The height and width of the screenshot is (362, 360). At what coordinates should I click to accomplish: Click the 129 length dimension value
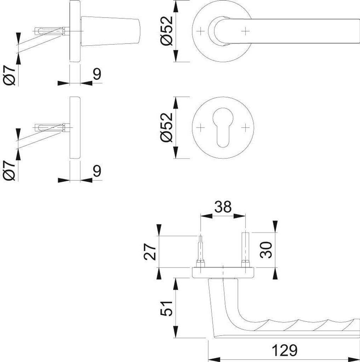(284, 350)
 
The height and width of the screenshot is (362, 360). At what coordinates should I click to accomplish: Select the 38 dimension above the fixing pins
(223, 207)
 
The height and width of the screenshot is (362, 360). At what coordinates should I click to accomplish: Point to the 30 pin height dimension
(266, 250)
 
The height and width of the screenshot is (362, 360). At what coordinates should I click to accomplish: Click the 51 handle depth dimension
(166, 308)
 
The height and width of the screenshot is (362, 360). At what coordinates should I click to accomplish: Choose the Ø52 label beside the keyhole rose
(166, 127)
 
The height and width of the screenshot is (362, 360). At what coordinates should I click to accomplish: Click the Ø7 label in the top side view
(9, 75)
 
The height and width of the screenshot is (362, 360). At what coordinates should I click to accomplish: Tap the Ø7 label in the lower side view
(9, 171)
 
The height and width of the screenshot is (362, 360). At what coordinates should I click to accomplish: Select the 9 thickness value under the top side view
(97, 74)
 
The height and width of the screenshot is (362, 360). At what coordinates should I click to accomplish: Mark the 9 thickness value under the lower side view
(97, 171)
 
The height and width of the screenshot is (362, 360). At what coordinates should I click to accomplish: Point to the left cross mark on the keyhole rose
(201, 127)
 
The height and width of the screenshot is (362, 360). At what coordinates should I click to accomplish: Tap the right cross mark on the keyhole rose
(245, 127)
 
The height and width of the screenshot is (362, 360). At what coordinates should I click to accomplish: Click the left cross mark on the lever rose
(201, 31)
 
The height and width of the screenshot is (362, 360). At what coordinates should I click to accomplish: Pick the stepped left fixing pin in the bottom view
(200, 252)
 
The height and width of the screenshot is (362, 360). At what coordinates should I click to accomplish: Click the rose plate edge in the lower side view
(75, 127)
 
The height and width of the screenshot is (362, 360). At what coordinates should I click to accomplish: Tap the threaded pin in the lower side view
(52, 128)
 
